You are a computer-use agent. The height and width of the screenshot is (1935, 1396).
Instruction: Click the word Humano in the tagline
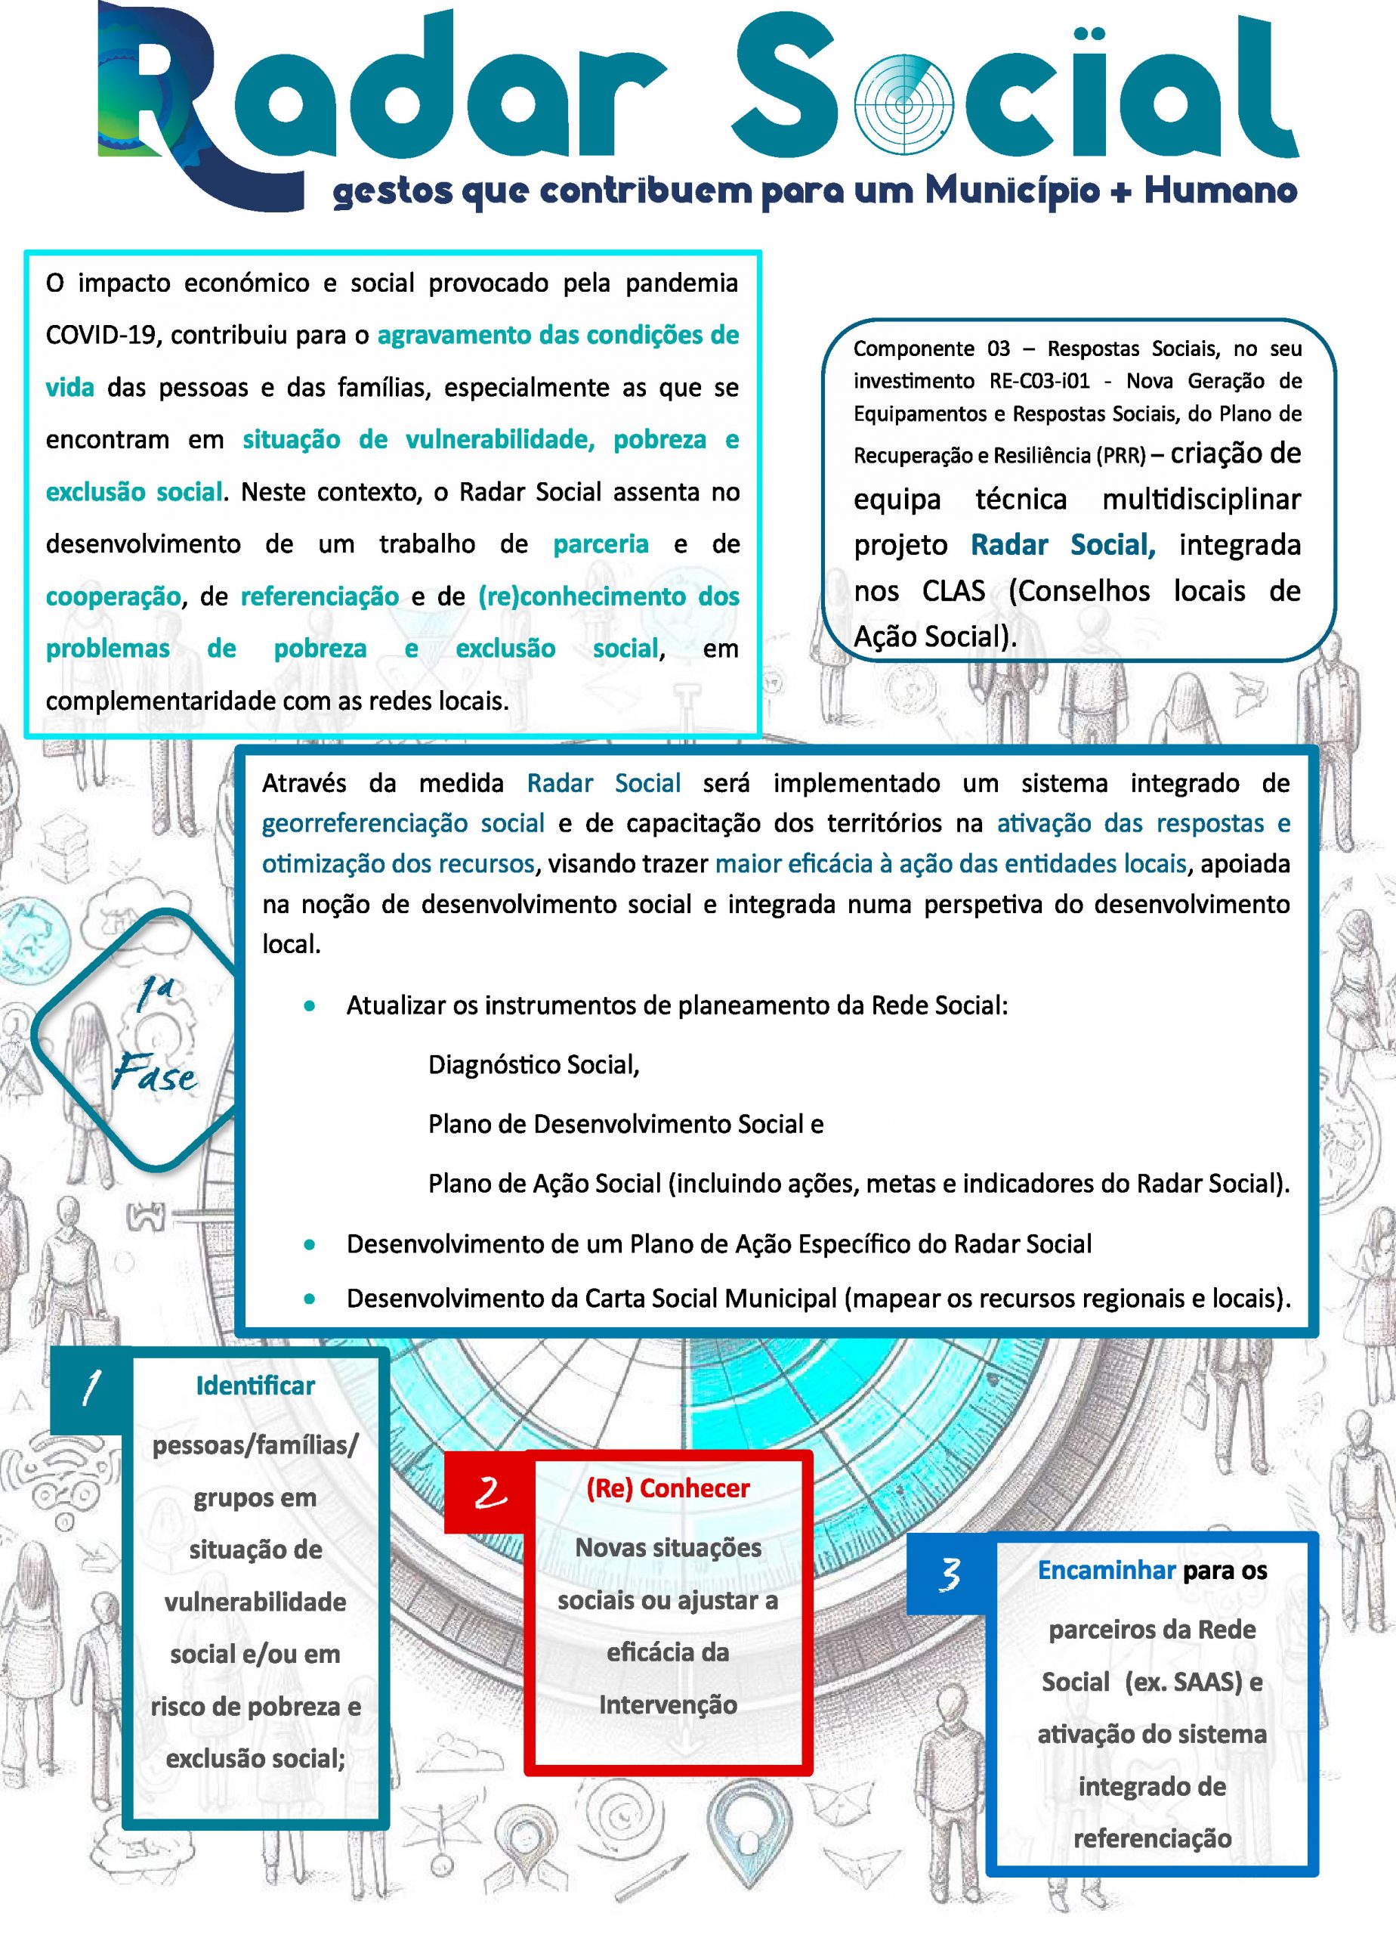point(1219,190)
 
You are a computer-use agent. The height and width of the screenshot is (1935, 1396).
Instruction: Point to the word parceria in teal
point(601,544)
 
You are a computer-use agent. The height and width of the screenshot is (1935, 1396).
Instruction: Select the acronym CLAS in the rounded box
point(953,590)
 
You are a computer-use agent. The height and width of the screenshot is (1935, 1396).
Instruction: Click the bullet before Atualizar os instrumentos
point(310,1006)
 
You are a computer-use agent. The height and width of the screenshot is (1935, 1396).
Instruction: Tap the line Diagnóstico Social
point(533,1065)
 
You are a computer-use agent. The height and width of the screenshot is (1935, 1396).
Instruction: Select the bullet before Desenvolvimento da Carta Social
point(310,1299)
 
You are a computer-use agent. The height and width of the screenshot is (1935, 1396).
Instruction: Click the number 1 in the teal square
point(91,1387)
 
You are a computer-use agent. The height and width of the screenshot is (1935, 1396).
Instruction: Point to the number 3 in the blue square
point(949,1574)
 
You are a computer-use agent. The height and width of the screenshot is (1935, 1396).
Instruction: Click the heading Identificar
point(255,1385)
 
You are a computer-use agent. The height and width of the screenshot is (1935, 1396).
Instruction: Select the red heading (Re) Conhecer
point(668,1488)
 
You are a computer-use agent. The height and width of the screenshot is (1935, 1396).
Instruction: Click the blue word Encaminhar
point(1106,1570)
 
